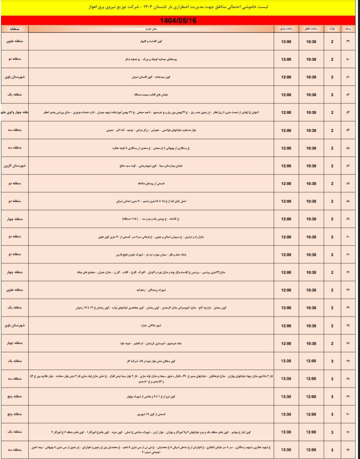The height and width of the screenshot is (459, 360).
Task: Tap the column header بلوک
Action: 332,29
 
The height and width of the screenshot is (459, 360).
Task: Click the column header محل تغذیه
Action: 150,29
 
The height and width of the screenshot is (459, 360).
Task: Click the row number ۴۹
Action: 348,42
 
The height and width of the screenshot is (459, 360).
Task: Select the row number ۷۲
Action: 348,449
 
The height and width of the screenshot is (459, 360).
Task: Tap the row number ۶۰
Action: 348,237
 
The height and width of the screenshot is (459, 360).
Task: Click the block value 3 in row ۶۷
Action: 332,361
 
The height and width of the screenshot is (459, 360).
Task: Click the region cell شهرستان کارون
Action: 15,166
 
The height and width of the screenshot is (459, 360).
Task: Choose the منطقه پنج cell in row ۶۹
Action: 15,397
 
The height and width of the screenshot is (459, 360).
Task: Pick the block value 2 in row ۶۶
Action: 332,343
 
